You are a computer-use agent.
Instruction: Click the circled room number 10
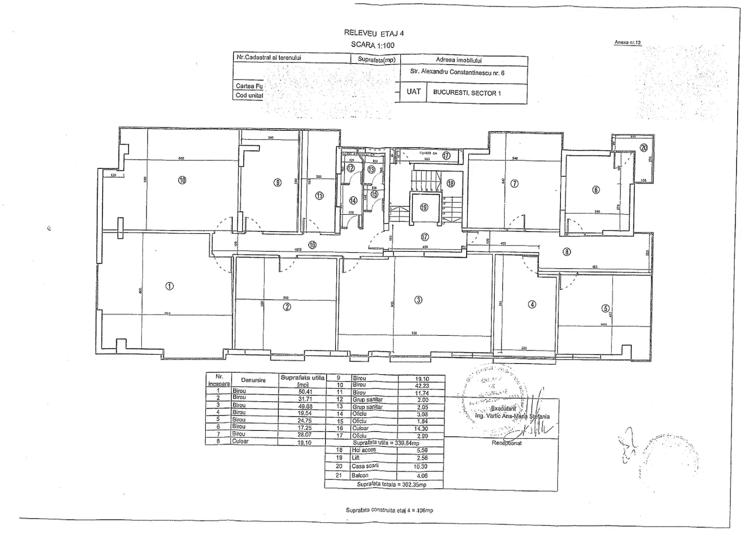[182, 180]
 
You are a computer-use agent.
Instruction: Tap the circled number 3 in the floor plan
[418, 300]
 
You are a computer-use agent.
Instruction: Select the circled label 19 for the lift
[424, 207]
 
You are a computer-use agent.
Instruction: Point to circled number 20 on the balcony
[643, 148]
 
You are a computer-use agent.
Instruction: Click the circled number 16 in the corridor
[312, 245]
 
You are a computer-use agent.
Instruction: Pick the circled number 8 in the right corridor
[567, 252]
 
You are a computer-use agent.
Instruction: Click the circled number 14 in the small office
[353, 200]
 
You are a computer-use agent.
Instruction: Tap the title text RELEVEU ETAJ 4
[374, 33]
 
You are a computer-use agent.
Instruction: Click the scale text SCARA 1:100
[373, 45]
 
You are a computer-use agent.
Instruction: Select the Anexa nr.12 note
[627, 42]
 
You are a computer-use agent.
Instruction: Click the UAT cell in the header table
[413, 92]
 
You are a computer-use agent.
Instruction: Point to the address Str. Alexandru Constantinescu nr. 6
[457, 72]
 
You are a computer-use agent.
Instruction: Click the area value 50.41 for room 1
[305, 392]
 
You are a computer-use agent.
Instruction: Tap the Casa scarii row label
[365, 466]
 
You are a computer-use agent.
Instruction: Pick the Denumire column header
[253, 380]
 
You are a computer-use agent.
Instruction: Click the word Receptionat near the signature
[506, 443]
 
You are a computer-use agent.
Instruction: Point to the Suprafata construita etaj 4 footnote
[389, 510]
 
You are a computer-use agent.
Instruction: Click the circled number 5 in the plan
[605, 308]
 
